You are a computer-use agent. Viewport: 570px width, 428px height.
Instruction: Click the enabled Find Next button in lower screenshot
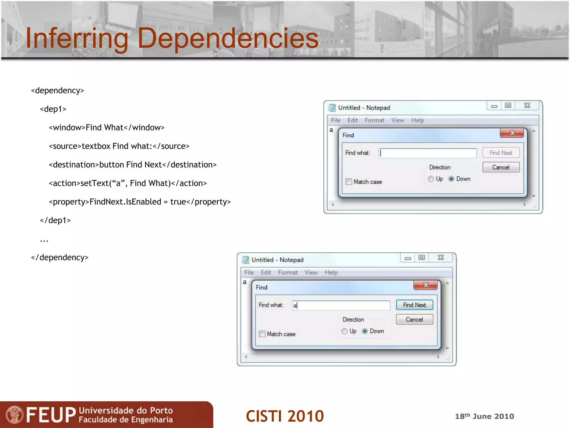414,305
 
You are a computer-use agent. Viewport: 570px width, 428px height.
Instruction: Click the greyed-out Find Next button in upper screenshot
501,153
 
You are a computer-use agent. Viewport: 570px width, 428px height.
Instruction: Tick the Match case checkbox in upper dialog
349,182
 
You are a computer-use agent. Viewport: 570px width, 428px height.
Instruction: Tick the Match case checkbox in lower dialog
262,334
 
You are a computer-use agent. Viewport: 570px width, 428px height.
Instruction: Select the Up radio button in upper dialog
431,179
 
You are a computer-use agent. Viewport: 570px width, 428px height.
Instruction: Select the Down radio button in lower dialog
365,331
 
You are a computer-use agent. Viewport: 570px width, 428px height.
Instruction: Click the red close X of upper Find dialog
512,133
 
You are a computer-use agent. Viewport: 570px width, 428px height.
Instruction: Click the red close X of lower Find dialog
425,285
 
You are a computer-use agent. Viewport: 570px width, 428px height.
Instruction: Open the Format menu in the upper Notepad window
374,120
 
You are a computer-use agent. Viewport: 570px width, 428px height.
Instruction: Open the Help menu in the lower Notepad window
331,273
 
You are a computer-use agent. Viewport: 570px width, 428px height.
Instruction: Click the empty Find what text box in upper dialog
428,153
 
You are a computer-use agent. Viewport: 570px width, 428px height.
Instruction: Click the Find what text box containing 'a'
341,305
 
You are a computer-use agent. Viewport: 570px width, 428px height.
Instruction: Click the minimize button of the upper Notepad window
494,106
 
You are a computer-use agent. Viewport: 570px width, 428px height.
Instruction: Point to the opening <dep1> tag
53,109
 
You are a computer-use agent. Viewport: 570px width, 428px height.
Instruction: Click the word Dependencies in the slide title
228,38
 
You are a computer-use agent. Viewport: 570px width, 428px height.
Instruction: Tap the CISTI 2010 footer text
285,416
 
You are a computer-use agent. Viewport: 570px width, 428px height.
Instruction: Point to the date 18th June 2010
484,416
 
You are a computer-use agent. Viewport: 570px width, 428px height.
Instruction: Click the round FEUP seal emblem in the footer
14,415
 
